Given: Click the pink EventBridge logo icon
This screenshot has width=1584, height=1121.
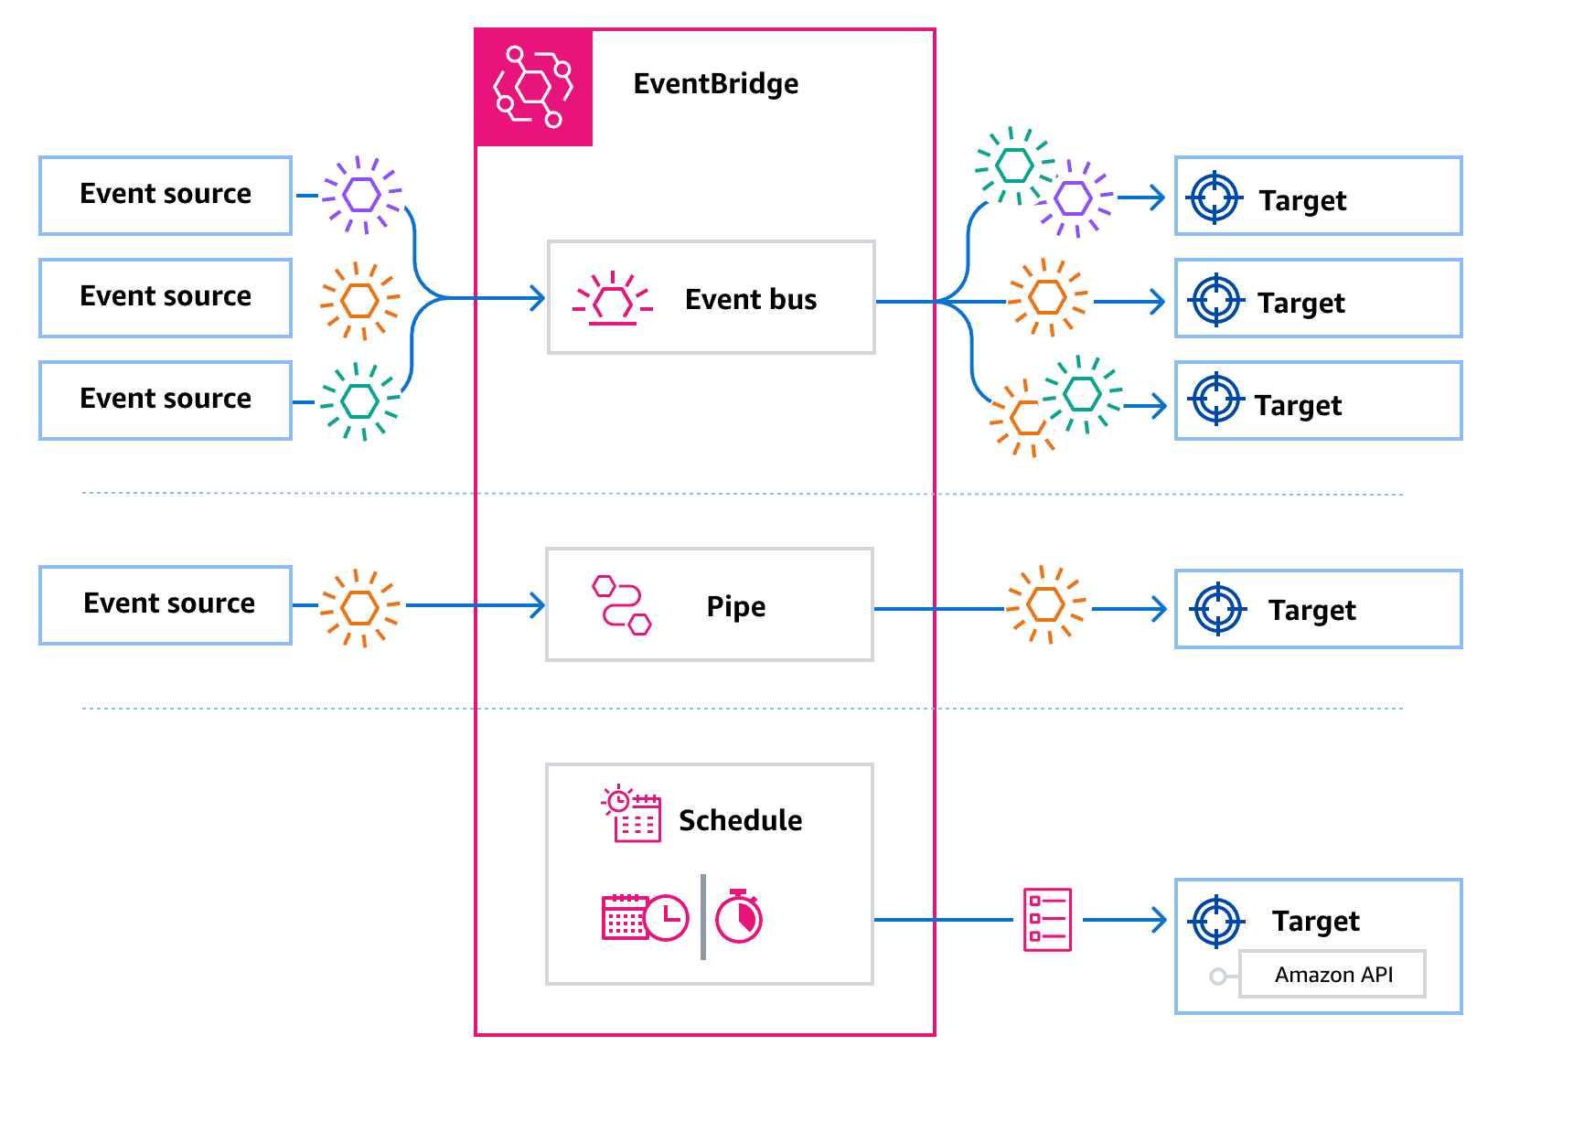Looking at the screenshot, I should tap(534, 88).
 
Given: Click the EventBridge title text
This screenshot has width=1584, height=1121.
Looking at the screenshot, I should tap(715, 84).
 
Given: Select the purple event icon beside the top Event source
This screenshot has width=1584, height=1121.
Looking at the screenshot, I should tap(362, 195).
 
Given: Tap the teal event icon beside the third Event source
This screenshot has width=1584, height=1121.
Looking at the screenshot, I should tap(360, 400).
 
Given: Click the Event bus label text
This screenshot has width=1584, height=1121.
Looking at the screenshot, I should tap(750, 300).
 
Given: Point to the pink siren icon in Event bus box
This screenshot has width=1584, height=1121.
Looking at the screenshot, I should tap(613, 299).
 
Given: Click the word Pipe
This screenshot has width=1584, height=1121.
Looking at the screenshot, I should tap(735, 606).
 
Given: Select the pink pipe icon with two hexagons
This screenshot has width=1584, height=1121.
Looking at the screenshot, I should tap(621, 604).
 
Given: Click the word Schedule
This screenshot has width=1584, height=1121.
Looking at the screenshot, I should tap(740, 820).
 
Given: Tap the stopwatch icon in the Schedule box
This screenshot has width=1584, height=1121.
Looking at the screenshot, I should tap(739, 916).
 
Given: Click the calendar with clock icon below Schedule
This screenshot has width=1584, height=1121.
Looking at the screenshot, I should tap(644, 916).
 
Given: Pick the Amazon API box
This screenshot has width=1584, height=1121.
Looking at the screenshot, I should tap(1332, 975).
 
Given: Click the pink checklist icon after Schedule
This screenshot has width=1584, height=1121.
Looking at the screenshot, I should tap(1047, 919).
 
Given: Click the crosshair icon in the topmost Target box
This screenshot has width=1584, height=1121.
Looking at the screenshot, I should tap(1215, 198).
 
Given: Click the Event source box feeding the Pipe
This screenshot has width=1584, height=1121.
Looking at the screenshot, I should tap(166, 604).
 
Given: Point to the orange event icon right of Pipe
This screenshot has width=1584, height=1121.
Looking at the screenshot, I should tap(1046, 604).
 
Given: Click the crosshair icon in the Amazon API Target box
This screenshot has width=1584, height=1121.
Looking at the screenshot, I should tap(1217, 921).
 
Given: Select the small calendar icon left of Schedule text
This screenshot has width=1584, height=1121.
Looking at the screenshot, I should tap(632, 814).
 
